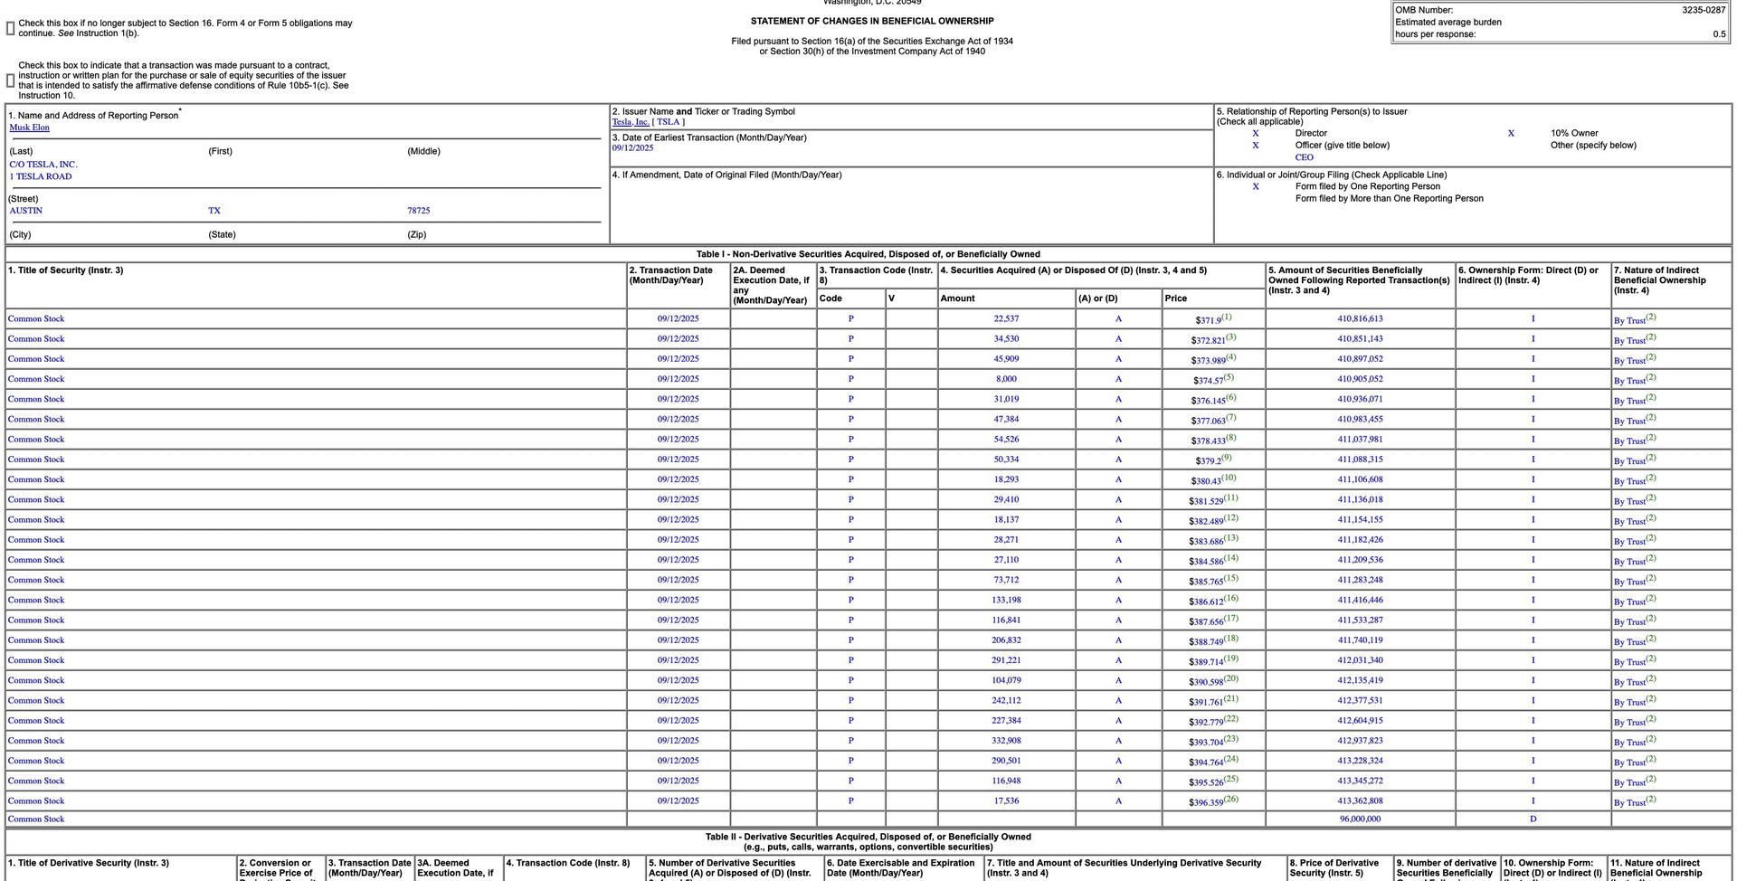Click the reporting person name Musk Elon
click(x=29, y=128)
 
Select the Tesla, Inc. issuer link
click(x=631, y=122)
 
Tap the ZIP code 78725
click(x=418, y=211)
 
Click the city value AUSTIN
click(x=25, y=211)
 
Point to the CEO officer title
click(x=1304, y=157)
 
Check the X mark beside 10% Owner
click(x=1510, y=133)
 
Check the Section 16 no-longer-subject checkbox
click(x=11, y=29)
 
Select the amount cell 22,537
click(x=1005, y=319)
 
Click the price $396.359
click(x=1207, y=802)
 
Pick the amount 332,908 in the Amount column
click(x=1005, y=741)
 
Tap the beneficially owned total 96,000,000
click(x=1360, y=819)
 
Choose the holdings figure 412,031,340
click(x=1360, y=660)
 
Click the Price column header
click(x=1175, y=298)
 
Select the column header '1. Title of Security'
click(x=65, y=270)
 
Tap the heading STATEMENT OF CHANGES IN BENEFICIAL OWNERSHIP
click(x=871, y=21)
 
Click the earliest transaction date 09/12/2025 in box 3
click(x=632, y=148)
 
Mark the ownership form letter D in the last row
click(x=1533, y=819)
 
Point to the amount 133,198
click(x=1005, y=601)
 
